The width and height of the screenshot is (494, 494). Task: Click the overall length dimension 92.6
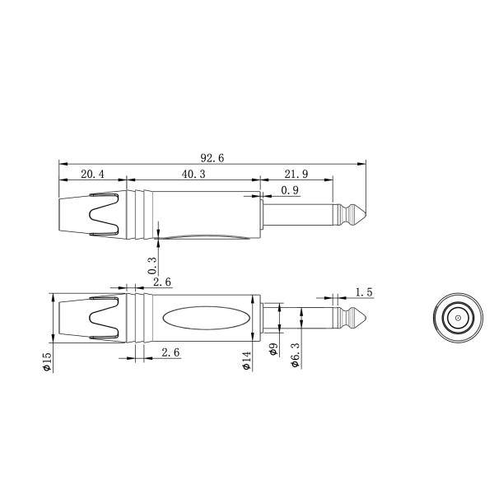pos(212,157)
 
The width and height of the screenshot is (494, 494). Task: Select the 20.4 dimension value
pos(91,174)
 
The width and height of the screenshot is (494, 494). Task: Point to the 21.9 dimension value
pos(296,174)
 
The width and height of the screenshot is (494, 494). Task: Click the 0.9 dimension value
pos(289,191)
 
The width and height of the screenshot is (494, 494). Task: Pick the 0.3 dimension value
pos(152,265)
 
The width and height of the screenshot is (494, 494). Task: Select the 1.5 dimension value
pos(364,291)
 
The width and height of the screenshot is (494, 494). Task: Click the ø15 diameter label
pos(47,361)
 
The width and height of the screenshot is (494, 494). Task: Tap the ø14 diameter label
pos(246,361)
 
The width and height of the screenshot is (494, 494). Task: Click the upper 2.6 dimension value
pos(162,282)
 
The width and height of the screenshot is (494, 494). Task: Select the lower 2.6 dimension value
pos(171,352)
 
